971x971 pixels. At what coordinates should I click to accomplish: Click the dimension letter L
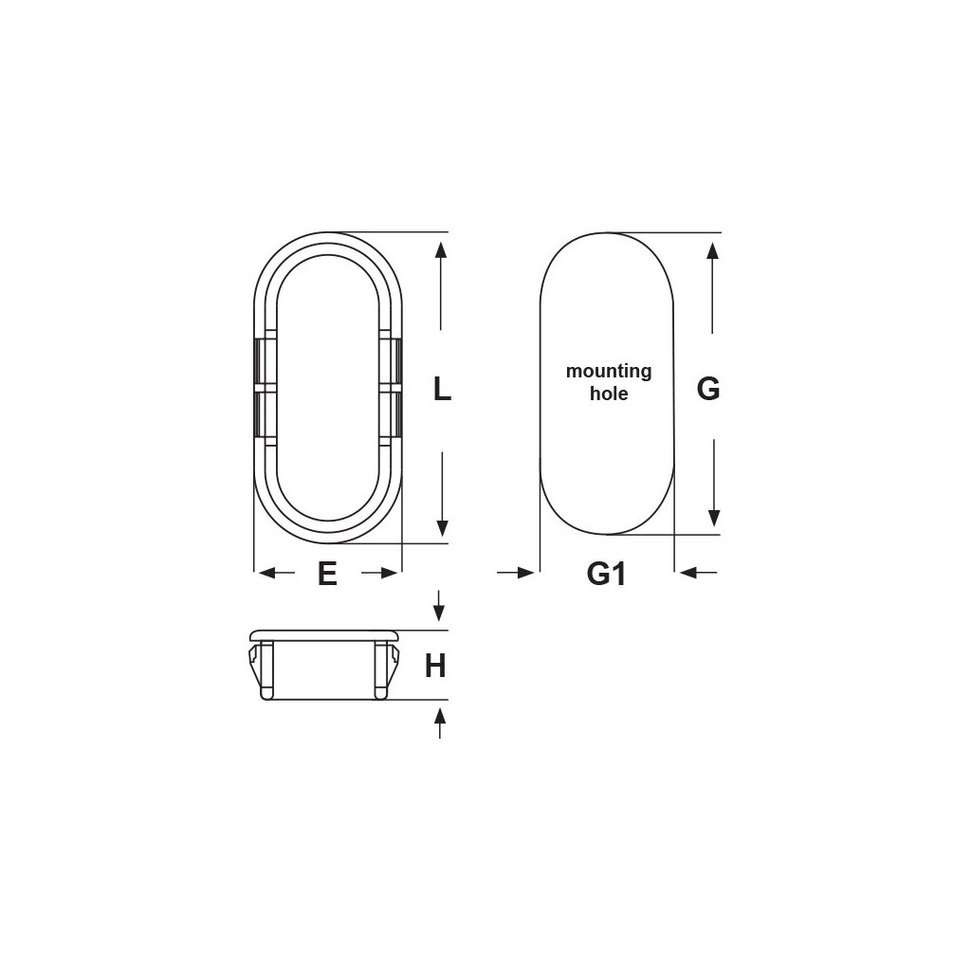pos(442,389)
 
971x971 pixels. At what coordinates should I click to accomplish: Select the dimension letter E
pos(327,574)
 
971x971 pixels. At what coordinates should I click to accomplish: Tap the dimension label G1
pos(607,574)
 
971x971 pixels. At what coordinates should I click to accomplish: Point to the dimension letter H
pos(435,667)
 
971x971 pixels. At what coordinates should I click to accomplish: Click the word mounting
pos(609,371)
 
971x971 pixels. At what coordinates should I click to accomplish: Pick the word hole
pos(609,394)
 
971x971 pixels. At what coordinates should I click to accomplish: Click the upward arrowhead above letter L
pos(441,250)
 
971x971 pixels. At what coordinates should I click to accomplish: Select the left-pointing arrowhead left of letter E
pos(266,573)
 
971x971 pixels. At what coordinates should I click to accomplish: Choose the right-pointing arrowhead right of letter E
pos(388,573)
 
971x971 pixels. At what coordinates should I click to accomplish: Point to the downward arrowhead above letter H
pos(438,611)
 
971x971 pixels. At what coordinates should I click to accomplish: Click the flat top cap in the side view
pos(324,634)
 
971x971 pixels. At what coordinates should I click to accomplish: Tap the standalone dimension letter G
pos(708,389)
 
